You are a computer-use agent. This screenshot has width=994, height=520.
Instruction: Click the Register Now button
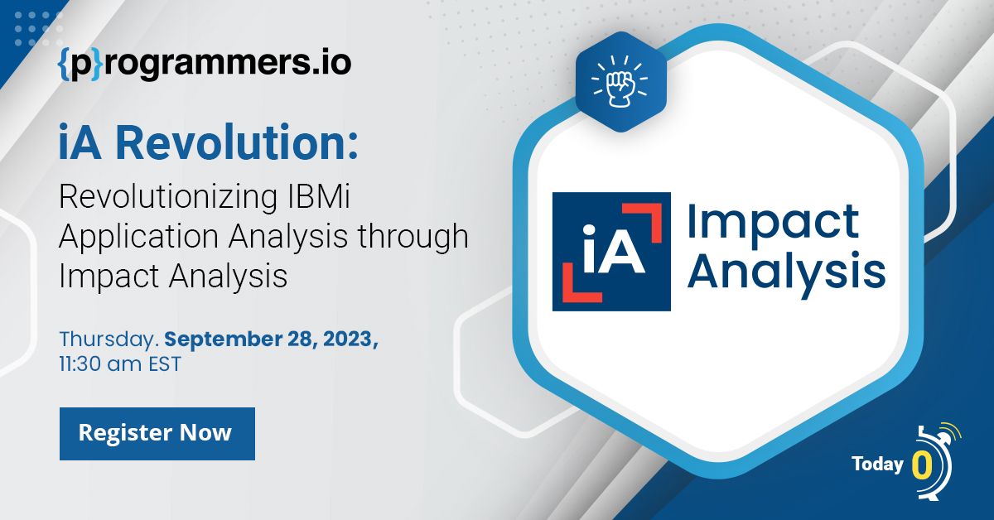[x=157, y=434]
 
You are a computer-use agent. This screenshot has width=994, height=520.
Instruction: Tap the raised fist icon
[x=620, y=82]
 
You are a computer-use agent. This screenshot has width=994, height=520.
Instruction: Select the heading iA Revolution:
[x=208, y=142]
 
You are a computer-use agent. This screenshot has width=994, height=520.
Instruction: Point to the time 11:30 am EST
[x=120, y=364]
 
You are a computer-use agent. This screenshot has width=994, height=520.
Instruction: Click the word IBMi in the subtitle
[x=319, y=196]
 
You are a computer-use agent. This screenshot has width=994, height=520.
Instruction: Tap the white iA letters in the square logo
[x=614, y=249]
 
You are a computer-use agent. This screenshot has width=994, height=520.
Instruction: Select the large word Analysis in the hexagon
[x=786, y=272]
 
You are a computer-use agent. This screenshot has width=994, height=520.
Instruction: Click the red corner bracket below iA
[x=582, y=282]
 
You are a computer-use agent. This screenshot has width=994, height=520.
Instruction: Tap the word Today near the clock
[x=878, y=465]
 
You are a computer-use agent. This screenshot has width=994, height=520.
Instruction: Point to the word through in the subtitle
[x=413, y=237]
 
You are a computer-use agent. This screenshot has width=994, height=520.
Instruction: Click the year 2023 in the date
[x=350, y=339]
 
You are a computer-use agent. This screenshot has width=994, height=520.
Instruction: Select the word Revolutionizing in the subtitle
[x=168, y=196]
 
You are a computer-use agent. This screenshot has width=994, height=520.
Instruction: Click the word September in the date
[x=223, y=339]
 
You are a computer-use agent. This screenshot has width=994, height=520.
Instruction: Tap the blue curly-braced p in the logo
[x=80, y=65]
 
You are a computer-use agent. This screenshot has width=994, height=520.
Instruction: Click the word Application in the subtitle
[x=138, y=237]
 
